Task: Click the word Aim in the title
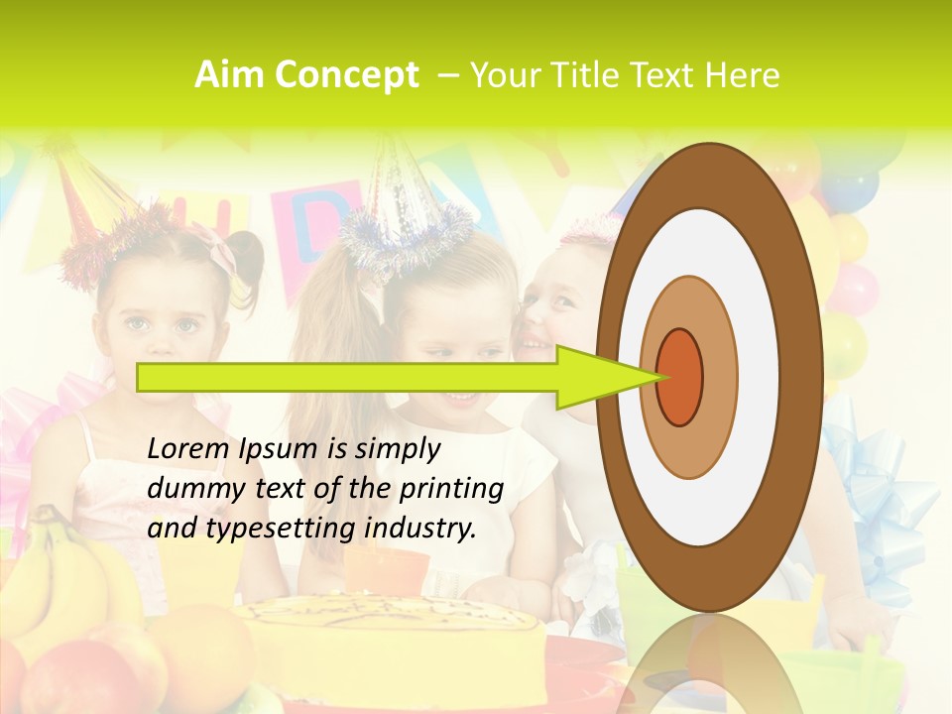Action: click(x=229, y=75)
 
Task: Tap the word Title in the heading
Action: click(x=589, y=75)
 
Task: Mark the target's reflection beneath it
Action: click(x=709, y=664)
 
